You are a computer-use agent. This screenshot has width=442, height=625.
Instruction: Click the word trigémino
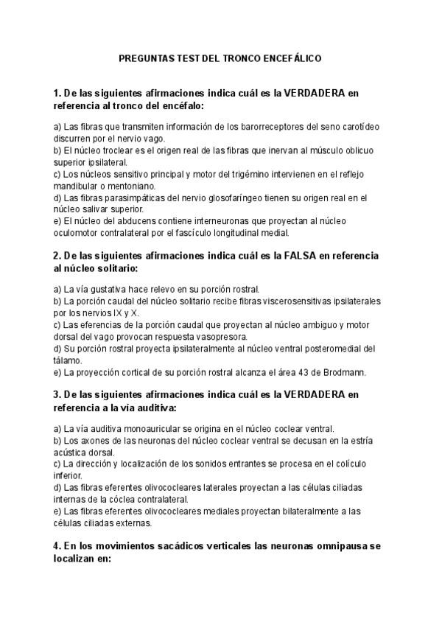[x=248, y=175]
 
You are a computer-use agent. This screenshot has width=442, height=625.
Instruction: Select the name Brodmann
[x=334, y=371]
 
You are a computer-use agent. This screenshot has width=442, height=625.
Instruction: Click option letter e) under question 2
[x=58, y=371]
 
